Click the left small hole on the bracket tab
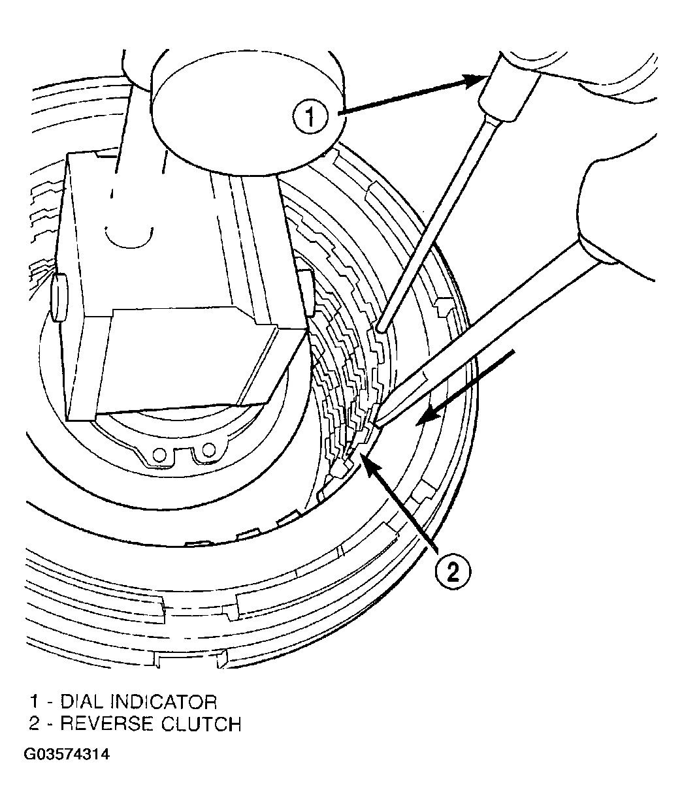[x=159, y=455]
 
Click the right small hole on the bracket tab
[x=208, y=449]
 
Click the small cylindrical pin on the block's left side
[x=59, y=297]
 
